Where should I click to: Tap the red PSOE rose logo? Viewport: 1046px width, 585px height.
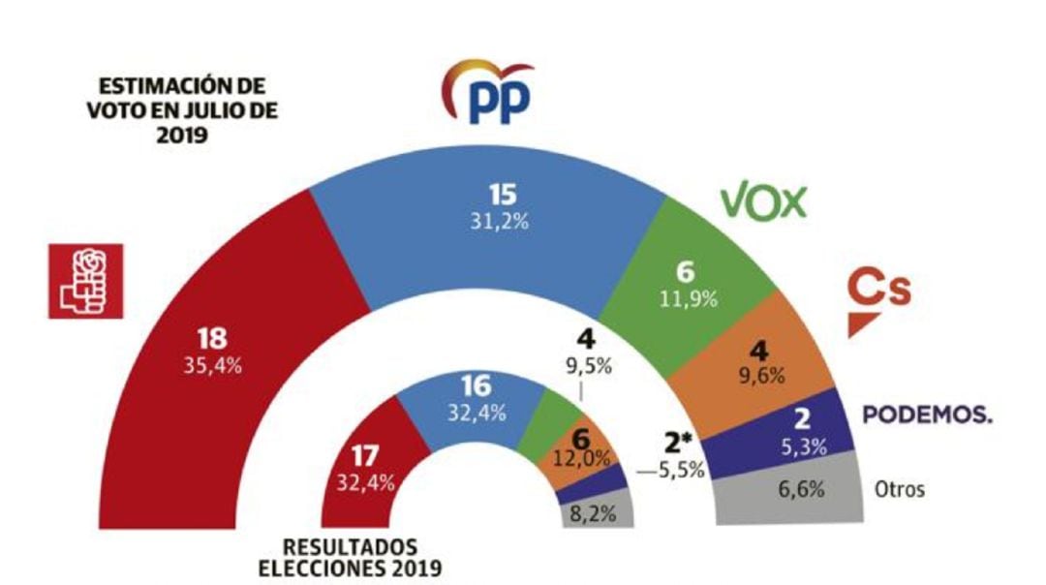click(x=86, y=281)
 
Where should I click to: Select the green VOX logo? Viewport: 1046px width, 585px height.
click(x=763, y=201)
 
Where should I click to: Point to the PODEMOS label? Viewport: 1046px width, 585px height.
click(x=928, y=415)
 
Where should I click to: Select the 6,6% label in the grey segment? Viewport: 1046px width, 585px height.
click(x=802, y=489)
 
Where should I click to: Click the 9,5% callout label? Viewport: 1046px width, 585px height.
click(x=582, y=366)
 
